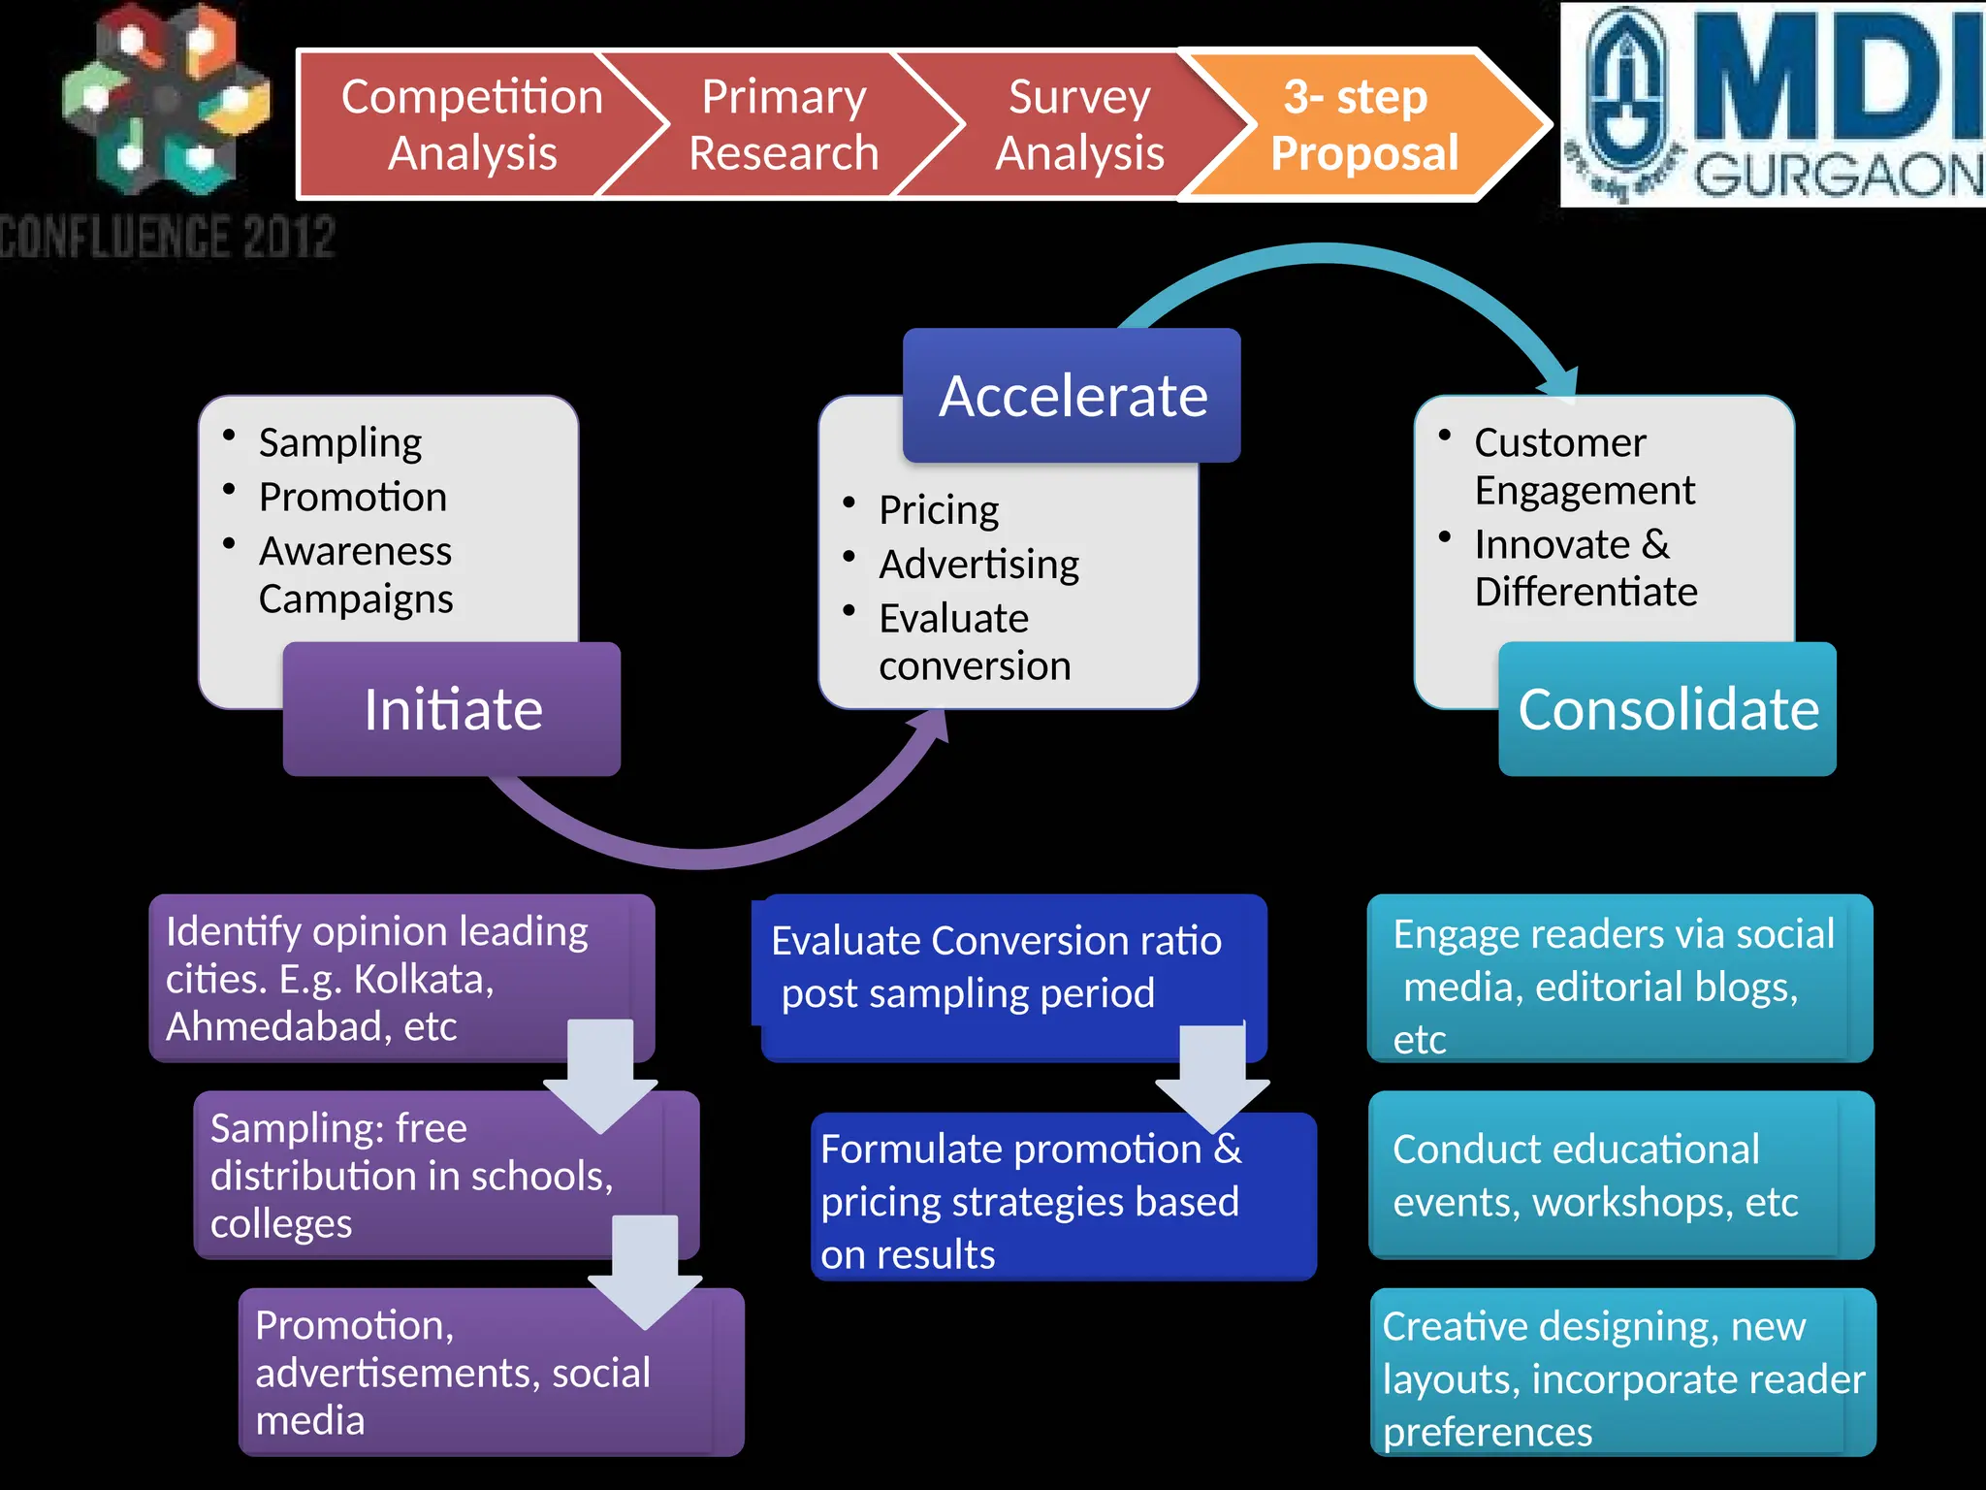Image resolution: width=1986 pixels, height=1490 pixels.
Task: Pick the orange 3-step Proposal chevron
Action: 1363,124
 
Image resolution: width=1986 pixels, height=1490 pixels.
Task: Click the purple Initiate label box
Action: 452,709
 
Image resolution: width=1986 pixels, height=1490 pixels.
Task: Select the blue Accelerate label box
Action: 1072,396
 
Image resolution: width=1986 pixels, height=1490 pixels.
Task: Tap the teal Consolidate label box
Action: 1667,709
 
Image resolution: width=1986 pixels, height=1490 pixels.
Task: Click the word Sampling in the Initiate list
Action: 339,442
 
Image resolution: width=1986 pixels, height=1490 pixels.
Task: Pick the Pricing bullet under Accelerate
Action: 938,510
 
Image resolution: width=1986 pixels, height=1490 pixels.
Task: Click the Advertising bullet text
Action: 978,565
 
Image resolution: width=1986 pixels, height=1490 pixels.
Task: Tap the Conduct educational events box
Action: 1610,1175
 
